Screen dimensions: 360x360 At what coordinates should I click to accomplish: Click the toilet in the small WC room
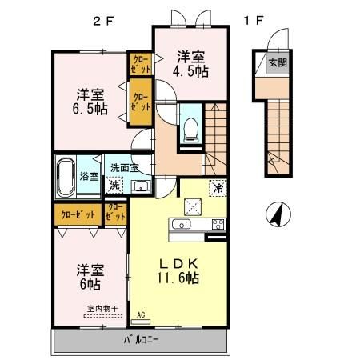pyautogui.click(x=191, y=130)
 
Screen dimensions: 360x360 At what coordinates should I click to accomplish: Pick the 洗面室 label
pyautogui.click(x=125, y=168)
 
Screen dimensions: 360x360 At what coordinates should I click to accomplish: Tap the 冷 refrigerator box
pyautogui.click(x=218, y=188)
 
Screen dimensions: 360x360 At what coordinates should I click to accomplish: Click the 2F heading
pyautogui.click(x=104, y=22)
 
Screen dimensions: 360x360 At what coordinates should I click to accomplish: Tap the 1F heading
pyautogui.click(x=252, y=22)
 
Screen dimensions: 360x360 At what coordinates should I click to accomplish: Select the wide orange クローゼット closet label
pyautogui.click(x=78, y=214)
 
